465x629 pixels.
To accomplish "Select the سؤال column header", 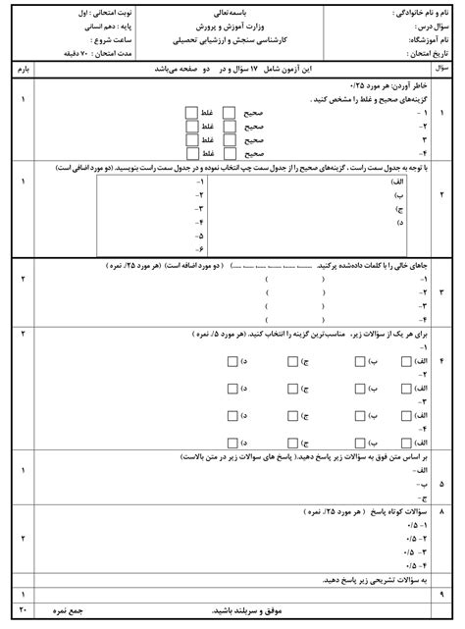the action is tap(442, 71).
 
